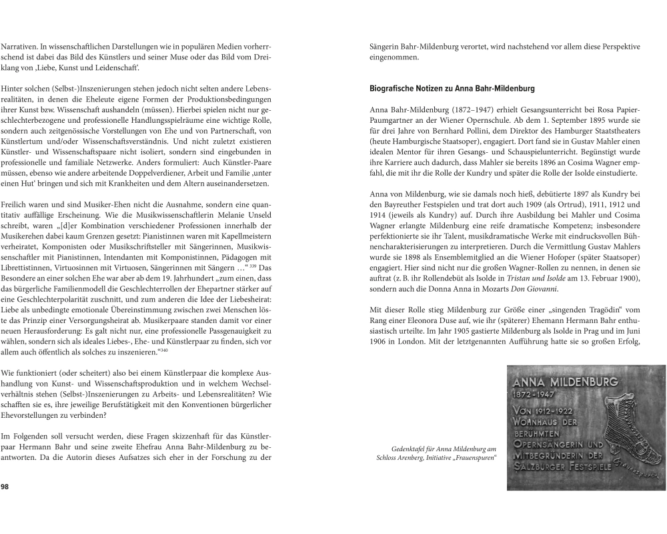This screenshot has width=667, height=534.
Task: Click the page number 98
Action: pos(5,487)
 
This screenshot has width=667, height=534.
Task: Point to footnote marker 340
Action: pos(164,349)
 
